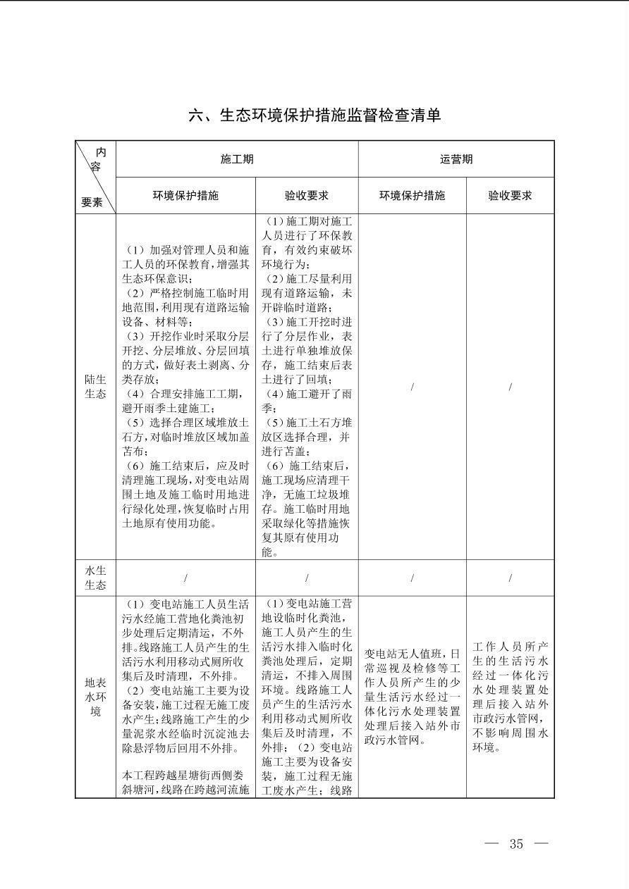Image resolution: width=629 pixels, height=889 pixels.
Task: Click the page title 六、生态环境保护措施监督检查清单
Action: pos(314,116)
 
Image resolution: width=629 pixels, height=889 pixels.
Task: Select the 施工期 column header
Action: pos(237,159)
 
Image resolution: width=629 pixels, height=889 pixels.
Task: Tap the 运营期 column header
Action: pos(456,159)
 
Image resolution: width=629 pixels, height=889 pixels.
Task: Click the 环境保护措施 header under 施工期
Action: pos(185,196)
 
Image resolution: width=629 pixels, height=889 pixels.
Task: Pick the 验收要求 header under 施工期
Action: pos(307,196)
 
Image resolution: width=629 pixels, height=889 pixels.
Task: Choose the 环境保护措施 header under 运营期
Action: pos(412,196)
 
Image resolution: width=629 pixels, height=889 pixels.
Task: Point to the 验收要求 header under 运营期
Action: pos(510,196)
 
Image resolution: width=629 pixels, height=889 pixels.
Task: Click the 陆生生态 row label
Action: pos(95,387)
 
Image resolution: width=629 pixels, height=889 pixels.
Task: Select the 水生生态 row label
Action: pos(95,578)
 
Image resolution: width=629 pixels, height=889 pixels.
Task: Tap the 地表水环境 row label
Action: pos(95,697)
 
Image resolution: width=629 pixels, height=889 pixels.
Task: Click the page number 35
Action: pos(516,844)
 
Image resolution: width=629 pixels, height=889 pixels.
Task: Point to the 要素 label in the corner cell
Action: pos(92,202)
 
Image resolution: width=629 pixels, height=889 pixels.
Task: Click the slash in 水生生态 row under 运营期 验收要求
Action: pos(510,578)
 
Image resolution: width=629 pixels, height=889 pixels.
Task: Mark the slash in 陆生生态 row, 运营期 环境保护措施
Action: pos(412,387)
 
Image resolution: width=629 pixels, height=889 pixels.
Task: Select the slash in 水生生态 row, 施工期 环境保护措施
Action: pos(185,578)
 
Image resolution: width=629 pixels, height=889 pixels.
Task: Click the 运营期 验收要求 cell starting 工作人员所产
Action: pos(510,697)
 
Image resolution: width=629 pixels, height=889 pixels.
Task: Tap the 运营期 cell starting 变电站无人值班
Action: pos(412,697)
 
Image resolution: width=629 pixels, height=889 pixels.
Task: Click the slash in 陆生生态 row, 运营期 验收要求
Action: pos(510,387)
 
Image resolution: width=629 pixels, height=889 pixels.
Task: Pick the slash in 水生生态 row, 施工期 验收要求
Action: pos(307,578)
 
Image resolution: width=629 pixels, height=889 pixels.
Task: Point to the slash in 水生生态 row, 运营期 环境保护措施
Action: pos(412,578)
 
